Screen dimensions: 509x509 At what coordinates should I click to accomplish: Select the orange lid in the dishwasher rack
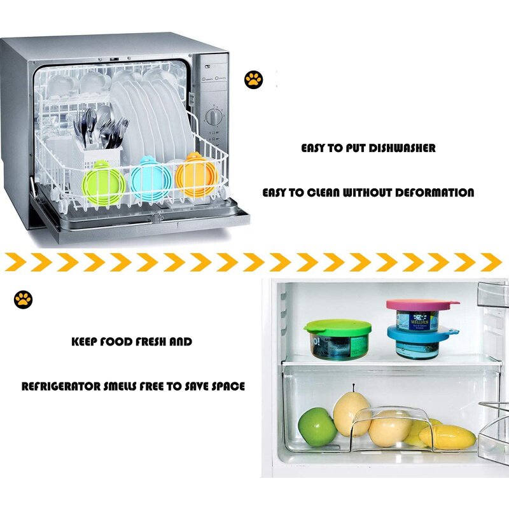point(197,175)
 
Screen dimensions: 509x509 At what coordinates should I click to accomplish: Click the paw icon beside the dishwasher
point(253,80)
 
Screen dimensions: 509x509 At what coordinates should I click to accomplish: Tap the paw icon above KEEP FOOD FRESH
point(24,299)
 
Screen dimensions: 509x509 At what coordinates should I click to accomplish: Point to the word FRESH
point(150,342)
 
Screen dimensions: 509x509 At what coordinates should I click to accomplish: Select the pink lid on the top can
point(421,305)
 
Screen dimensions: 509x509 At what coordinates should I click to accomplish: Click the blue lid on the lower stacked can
point(420,333)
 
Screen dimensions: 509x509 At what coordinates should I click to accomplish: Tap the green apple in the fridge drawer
point(317,426)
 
